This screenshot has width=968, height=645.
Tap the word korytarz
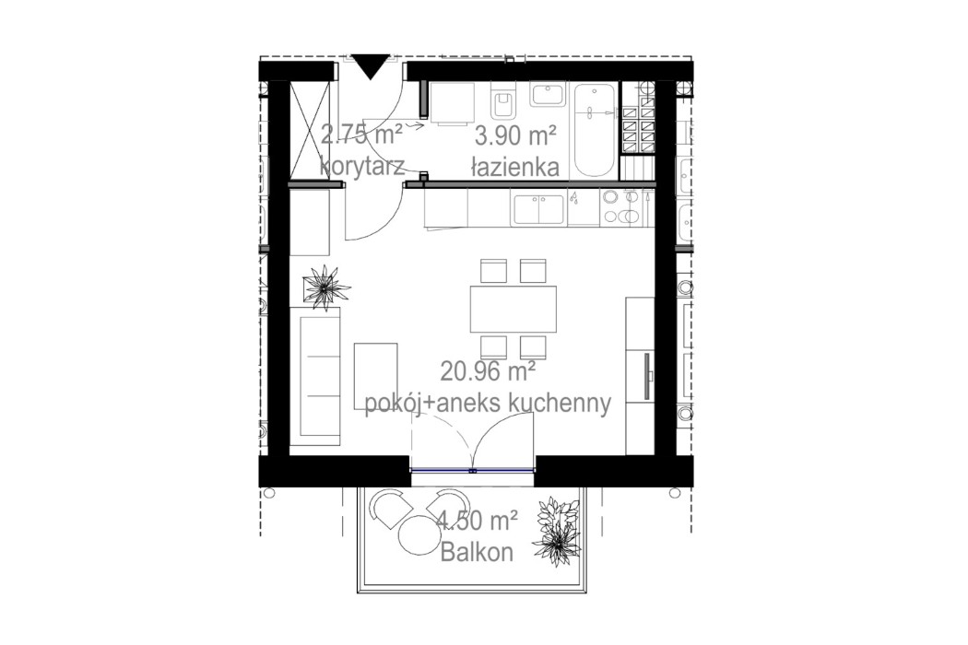pyautogui.click(x=359, y=167)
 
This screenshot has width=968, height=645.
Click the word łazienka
pyautogui.click(x=514, y=167)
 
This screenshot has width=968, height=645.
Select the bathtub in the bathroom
pyautogui.click(x=595, y=129)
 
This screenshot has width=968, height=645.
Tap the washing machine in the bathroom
pyautogui.click(x=452, y=103)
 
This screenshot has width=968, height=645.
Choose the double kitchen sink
pyautogui.click(x=538, y=209)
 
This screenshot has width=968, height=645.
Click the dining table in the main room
pyautogui.click(x=514, y=310)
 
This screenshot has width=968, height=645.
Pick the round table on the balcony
pyautogui.click(x=419, y=534)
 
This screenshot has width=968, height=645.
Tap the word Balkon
pyautogui.click(x=477, y=552)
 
